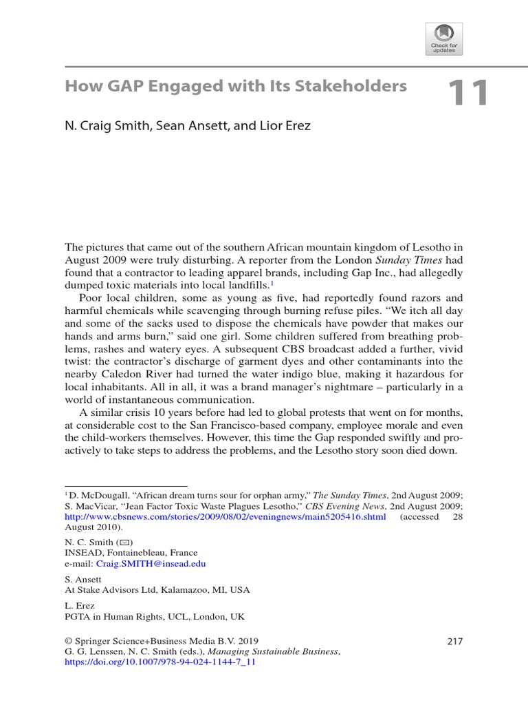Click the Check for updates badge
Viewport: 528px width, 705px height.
point(445,39)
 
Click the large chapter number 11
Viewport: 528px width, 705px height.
point(468,94)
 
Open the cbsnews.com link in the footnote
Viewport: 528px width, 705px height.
point(225,516)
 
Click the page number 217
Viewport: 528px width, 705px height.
point(454,641)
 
